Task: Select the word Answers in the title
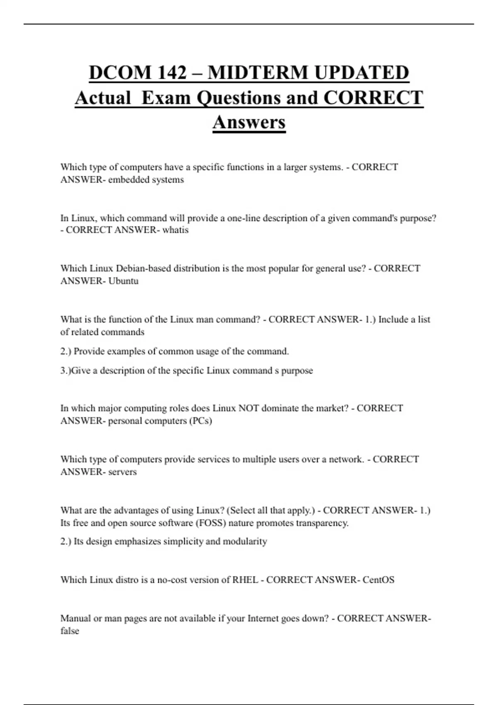249,122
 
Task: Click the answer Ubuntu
123,281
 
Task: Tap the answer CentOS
378,580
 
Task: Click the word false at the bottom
70,631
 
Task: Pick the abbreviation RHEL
245,580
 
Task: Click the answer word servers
122,472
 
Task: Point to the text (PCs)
200,421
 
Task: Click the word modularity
245,542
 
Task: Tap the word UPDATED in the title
361,73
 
